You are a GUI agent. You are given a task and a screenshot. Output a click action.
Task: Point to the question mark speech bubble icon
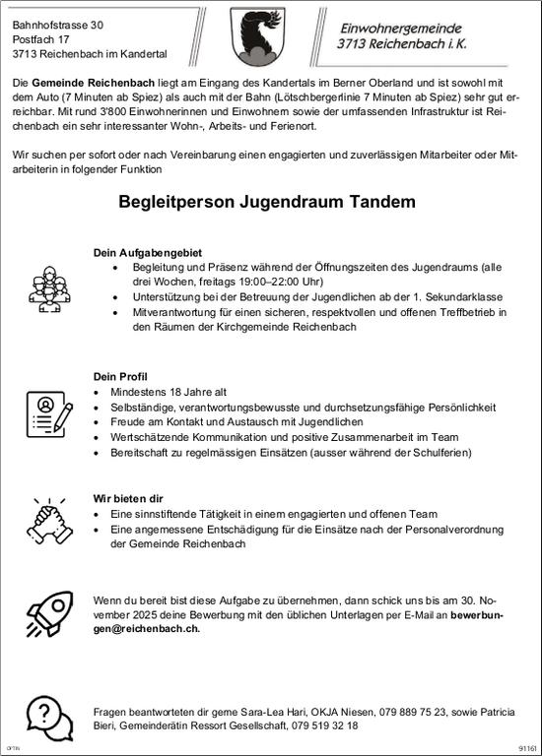pyautogui.click(x=42, y=716)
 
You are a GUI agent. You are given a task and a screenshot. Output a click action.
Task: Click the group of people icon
pyautogui.click(x=44, y=284)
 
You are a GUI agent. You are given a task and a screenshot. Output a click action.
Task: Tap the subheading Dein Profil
pyautogui.click(x=119, y=376)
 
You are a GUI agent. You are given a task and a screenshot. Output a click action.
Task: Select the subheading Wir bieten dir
pyautogui.click(x=127, y=498)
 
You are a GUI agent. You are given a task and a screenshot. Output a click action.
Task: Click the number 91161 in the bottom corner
pyautogui.click(x=527, y=748)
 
